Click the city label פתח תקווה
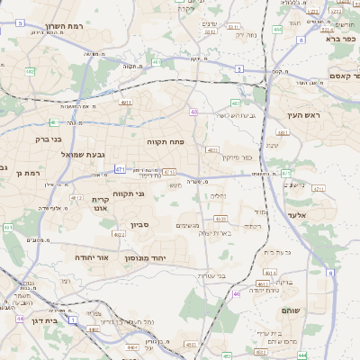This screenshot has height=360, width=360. (x=166, y=142)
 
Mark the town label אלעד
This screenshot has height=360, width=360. (x=320, y=215)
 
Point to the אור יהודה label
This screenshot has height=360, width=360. (x=92, y=257)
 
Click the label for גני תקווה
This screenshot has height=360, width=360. (x=129, y=194)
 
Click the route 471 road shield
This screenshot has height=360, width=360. (x=120, y=169)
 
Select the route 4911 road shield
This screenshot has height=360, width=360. (x=125, y=103)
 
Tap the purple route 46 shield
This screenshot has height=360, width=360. (x=237, y=293)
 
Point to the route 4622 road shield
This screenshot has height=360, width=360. (x=119, y=234)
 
